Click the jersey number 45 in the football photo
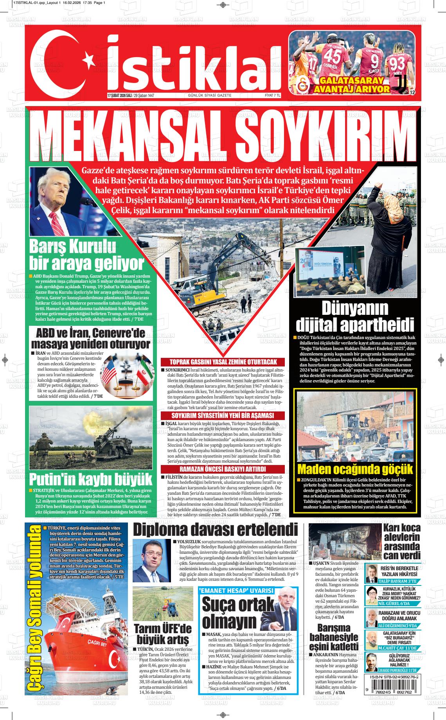click(x=333, y=54)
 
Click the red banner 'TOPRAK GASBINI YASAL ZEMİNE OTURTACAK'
click(x=223, y=362)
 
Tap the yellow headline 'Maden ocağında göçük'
click(x=355, y=469)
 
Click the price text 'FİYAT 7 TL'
click(x=273, y=95)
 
